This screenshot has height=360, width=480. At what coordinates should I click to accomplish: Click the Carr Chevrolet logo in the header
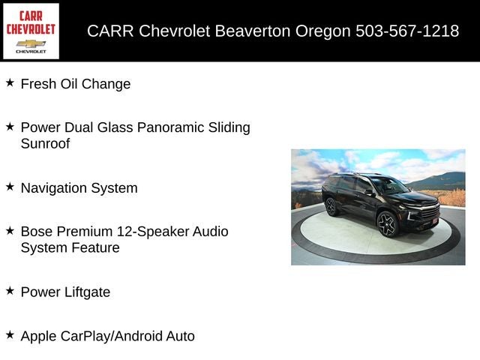pos(31,31)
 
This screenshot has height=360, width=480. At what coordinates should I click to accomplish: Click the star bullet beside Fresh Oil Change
pos(10,82)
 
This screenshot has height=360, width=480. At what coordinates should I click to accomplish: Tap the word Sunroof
pos(45,143)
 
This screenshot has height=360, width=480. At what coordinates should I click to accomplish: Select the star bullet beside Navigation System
pos(10,186)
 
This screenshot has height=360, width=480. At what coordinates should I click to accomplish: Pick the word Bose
pos(37,232)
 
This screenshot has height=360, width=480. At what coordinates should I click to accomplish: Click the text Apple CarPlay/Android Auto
pos(107,336)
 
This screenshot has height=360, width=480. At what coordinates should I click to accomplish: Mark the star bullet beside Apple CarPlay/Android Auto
pos(10,334)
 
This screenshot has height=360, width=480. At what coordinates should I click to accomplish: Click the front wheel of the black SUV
pos(388,224)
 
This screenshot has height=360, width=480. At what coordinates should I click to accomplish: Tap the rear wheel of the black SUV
pos(331,207)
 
